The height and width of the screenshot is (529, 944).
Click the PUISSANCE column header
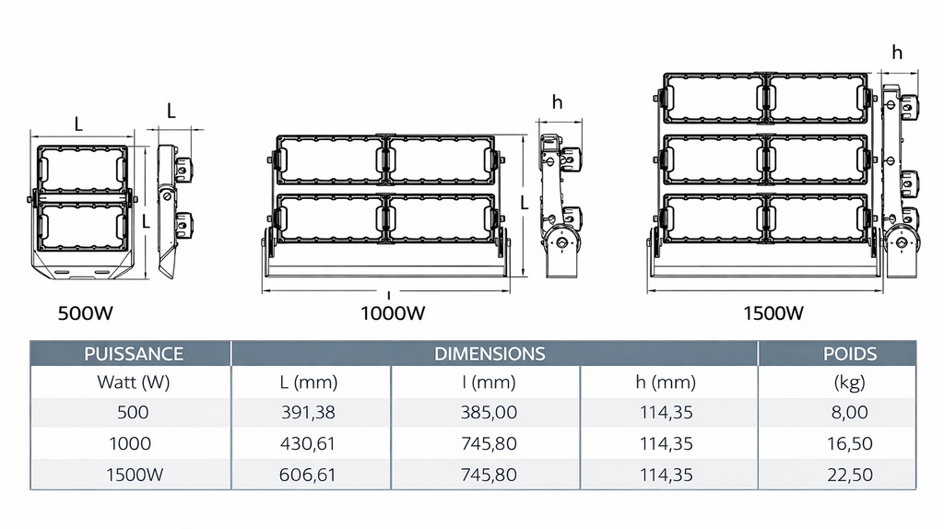133,353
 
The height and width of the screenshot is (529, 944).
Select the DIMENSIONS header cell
490,353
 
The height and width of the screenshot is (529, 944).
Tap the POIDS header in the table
849,353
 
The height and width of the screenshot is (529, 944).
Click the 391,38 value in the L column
308,412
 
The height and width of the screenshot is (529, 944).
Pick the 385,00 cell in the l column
489,412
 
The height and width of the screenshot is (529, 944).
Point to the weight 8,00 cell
849,412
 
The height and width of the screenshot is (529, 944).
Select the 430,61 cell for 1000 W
308,443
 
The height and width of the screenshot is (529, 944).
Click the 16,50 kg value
849,443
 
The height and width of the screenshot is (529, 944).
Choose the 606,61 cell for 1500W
308,475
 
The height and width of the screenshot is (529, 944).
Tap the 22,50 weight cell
849,475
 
